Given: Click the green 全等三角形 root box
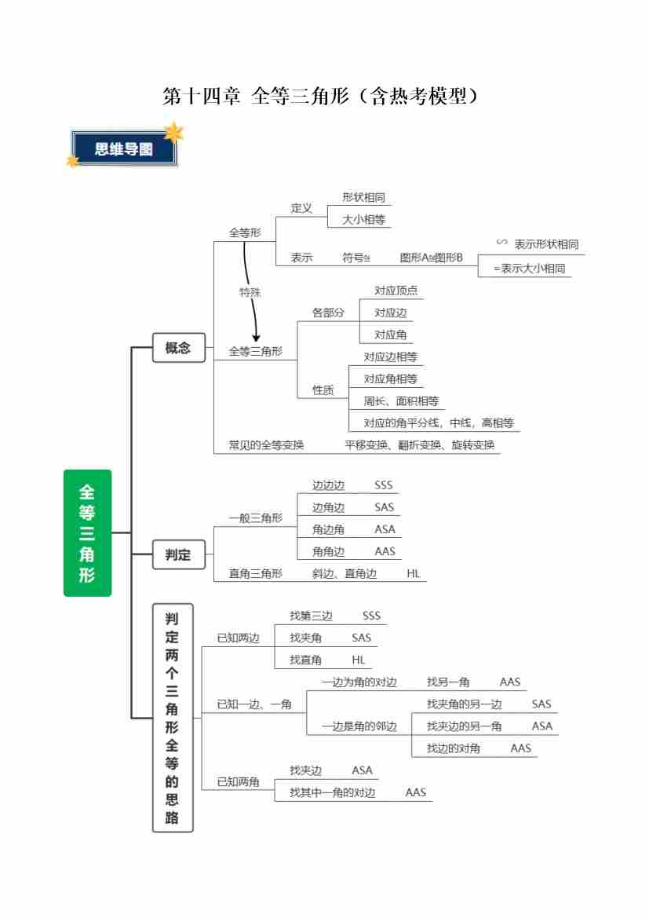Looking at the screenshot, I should tap(87, 532).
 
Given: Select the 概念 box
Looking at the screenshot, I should tap(178, 348).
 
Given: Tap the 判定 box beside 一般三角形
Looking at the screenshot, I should tap(178, 554).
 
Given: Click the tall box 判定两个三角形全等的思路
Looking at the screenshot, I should tap(172, 718).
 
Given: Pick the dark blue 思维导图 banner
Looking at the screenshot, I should tap(124, 148).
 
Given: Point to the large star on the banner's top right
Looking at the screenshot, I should tap(173, 132).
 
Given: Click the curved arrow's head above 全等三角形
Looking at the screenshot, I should tap(255, 338).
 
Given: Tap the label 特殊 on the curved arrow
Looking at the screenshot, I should tap(250, 292).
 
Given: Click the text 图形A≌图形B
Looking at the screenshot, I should tap(431, 257).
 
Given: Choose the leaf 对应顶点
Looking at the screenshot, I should tap(396, 291).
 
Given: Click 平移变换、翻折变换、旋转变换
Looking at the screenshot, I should tap(419, 444).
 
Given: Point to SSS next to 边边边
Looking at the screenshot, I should tap(383, 485).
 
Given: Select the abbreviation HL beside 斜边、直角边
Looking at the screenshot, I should tap(414, 573).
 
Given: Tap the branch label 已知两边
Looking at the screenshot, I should tap(238, 638).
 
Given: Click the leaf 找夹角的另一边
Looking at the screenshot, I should tap(464, 704).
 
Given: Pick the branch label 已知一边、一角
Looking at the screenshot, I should tap(254, 704).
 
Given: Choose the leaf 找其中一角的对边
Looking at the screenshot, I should tap(332, 792).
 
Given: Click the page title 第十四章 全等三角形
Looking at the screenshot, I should tap(320, 97).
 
